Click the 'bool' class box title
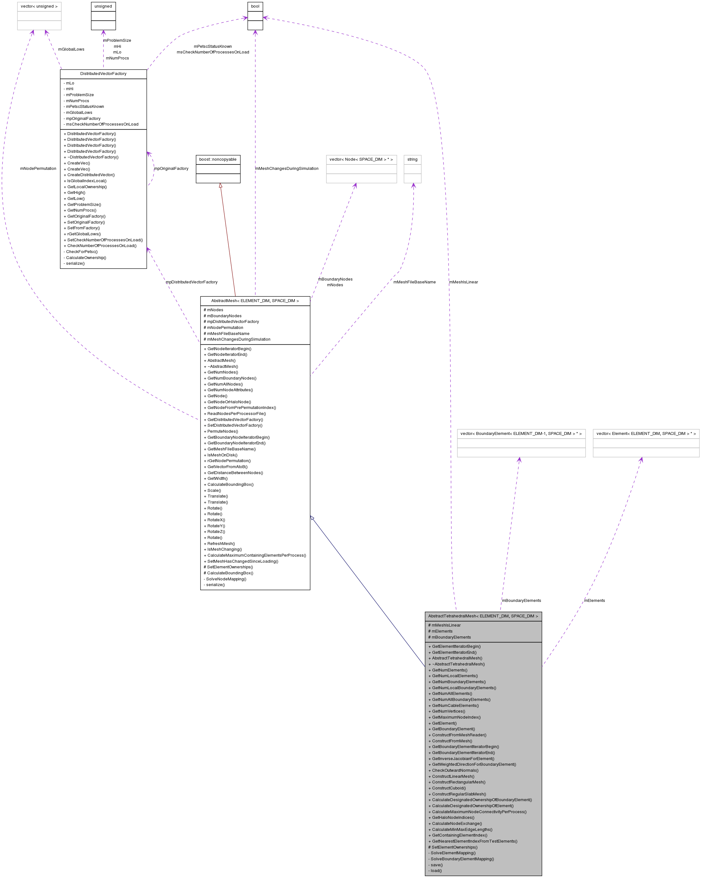[x=255, y=7]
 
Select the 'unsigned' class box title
[x=103, y=7]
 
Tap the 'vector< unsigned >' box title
[x=39, y=7]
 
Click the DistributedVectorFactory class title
[x=103, y=74]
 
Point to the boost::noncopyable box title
[x=218, y=159]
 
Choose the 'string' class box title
[x=412, y=159]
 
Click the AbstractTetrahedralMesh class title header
[x=483, y=616]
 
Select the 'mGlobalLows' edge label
[x=71, y=49]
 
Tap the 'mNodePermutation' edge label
[x=38, y=169]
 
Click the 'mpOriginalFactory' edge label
[x=171, y=169]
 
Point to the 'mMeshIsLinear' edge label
[x=463, y=282]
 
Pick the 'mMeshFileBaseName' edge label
[x=414, y=282]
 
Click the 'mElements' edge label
[x=594, y=600]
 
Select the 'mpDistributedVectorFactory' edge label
[x=191, y=282]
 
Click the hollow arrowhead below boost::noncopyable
[x=220, y=186]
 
